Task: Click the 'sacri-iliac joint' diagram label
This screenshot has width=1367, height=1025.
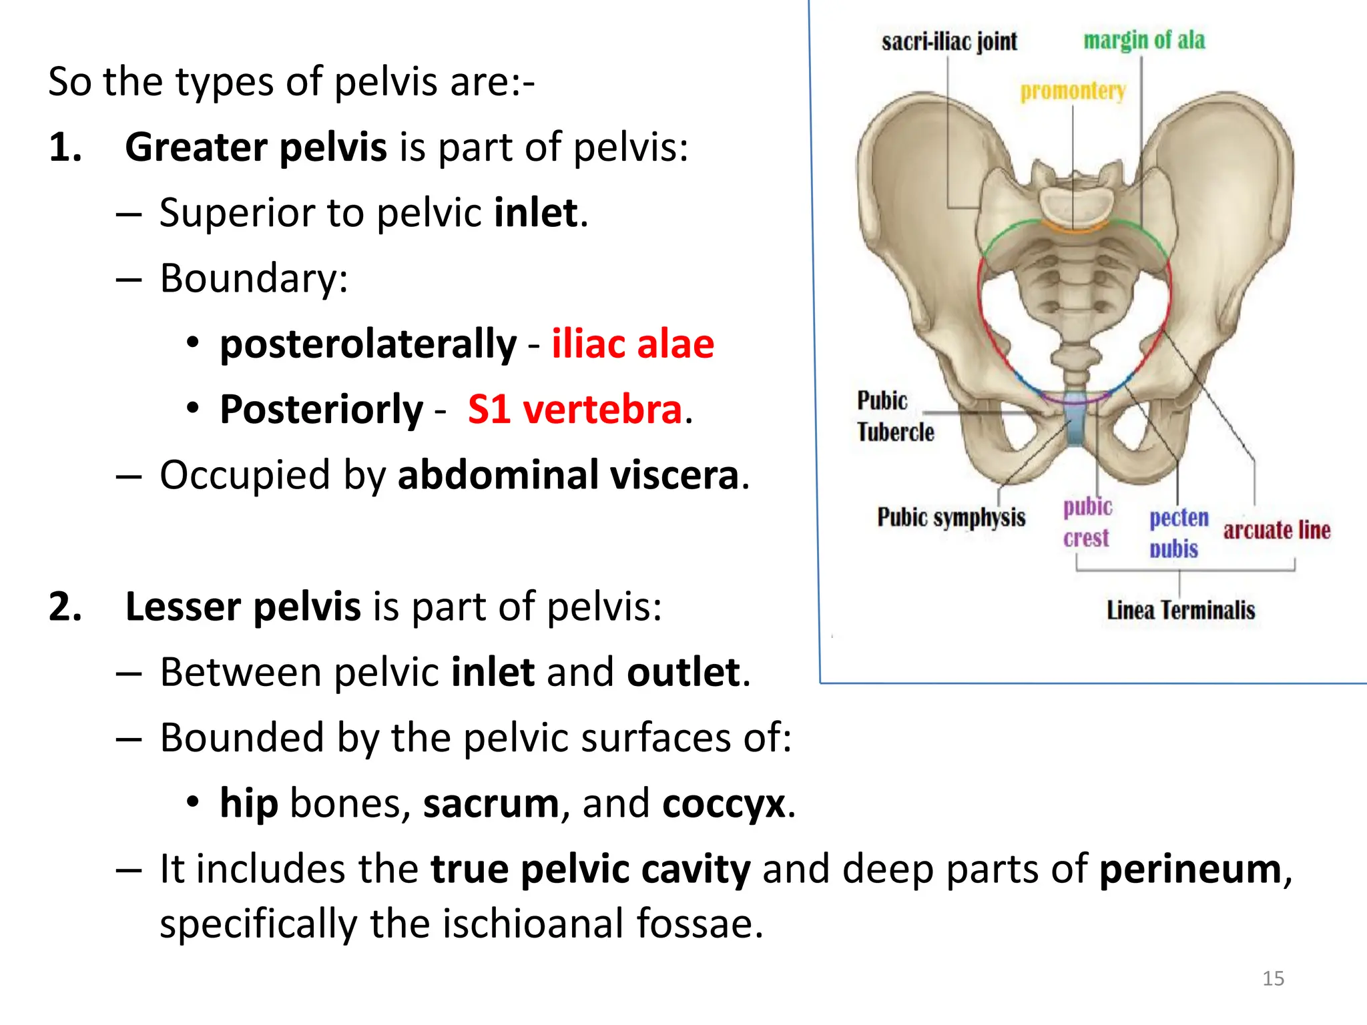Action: [x=949, y=42]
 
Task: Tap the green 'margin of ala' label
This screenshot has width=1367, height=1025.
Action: [x=1144, y=40]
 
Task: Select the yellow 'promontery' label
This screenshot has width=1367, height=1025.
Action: [x=1073, y=91]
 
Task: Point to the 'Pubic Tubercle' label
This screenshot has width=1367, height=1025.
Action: [x=894, y=416]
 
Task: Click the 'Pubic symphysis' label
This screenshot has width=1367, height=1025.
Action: [x=950, y=517]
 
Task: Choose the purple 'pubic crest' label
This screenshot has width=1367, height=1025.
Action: [x=1087, y=523]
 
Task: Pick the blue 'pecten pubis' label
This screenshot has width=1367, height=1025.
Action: [x=1178, y=533]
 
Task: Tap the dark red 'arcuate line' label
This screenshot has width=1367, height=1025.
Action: [x=1276, y=530]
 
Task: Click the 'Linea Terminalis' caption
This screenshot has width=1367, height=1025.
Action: [x=1181, y=610]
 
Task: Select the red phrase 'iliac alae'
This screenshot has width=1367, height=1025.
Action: [x=633, y=344]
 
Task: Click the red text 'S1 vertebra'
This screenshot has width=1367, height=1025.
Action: [x=575, y=410]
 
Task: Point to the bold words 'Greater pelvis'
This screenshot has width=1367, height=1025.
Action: [x=256, y=147]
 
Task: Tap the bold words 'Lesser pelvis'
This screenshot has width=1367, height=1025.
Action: [x=243, y=607]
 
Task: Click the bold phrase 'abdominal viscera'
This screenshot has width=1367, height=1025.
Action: [x=568, y=475]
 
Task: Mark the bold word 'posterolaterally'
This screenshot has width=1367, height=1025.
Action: [x=368, y=344]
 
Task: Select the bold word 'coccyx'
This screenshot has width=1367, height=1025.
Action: [x=724, y=803]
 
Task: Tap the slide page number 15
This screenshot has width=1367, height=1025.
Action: [x=1273, y=978]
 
